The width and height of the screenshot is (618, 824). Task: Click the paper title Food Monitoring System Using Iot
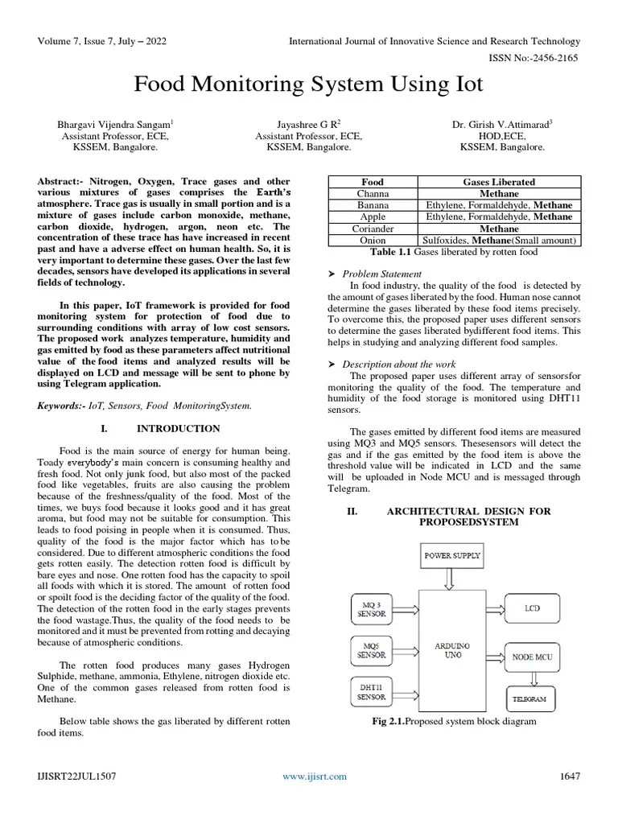click(308, 85)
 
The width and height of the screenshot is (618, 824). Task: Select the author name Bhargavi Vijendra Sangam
click(114, 125)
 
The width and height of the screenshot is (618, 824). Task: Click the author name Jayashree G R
click(308, 125)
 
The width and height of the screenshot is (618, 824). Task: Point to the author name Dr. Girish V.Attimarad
click(502, 125)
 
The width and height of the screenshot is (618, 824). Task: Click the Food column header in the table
click(373, 183)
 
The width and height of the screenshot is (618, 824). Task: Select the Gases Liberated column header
click(499, 183)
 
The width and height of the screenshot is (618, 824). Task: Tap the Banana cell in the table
click(373, 205)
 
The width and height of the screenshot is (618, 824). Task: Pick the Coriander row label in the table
click(373, 229)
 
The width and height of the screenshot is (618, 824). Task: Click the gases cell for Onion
click(499, 240)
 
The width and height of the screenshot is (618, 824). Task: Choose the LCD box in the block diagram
click(532, 608)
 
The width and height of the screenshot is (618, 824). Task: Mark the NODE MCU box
click(532, 656)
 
